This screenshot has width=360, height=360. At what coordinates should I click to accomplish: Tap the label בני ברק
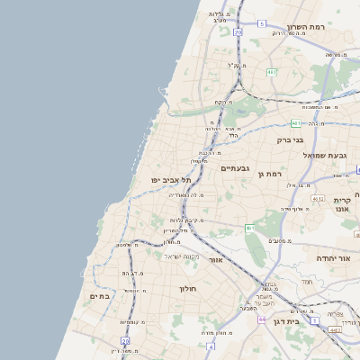tap(289, 139)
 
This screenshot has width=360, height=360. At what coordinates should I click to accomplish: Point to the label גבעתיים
tap(235, 168)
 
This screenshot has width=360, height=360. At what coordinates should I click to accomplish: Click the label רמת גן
tap(270, 174)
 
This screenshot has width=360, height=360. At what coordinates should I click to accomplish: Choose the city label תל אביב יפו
tap(170, 181)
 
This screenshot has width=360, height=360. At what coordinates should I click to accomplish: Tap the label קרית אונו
tap(342, 204)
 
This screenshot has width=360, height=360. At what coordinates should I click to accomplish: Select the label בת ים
tap(99, 296)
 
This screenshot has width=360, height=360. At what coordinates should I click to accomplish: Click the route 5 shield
tap(261, 23)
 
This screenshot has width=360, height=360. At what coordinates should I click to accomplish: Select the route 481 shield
tap(296, 122)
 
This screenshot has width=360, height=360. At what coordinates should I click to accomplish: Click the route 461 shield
tap(249, 229)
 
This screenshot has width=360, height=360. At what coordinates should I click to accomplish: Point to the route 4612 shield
tap(317, 197)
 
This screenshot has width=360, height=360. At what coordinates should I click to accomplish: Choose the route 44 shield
tap(261, 319)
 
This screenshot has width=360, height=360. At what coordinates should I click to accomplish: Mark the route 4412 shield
tap(335, 330)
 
